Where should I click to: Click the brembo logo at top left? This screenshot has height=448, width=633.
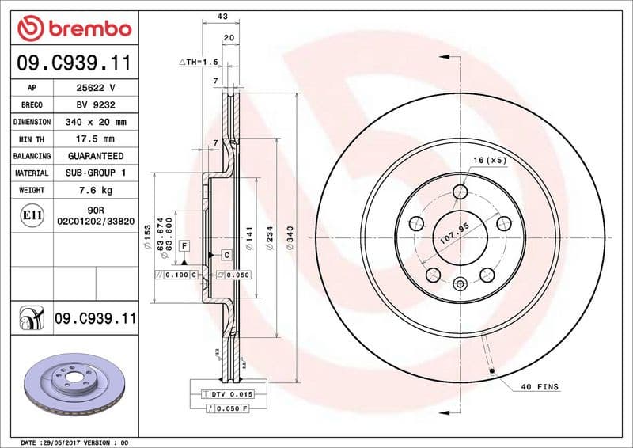coord(74,28)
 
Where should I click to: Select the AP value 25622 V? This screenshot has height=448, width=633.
coord(94,88)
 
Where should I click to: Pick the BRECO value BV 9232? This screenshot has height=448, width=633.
coord(94,105)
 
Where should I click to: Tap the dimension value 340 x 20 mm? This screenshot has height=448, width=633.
coord(94,123)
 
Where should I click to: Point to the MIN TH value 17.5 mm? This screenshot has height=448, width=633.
coord(94,139)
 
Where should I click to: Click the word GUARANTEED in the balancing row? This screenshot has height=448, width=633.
coord(94,156)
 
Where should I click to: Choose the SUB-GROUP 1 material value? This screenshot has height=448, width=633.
coord(94,173)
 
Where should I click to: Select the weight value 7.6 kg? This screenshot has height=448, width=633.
coord(94,190)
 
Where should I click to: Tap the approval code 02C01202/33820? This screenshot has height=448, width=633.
coord(94,223)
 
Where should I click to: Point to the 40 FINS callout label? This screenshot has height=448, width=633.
coord(540,387)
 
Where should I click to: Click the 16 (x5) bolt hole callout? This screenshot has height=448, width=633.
coord(489,161)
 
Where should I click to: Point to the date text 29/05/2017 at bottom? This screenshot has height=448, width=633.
coord(59,442)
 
